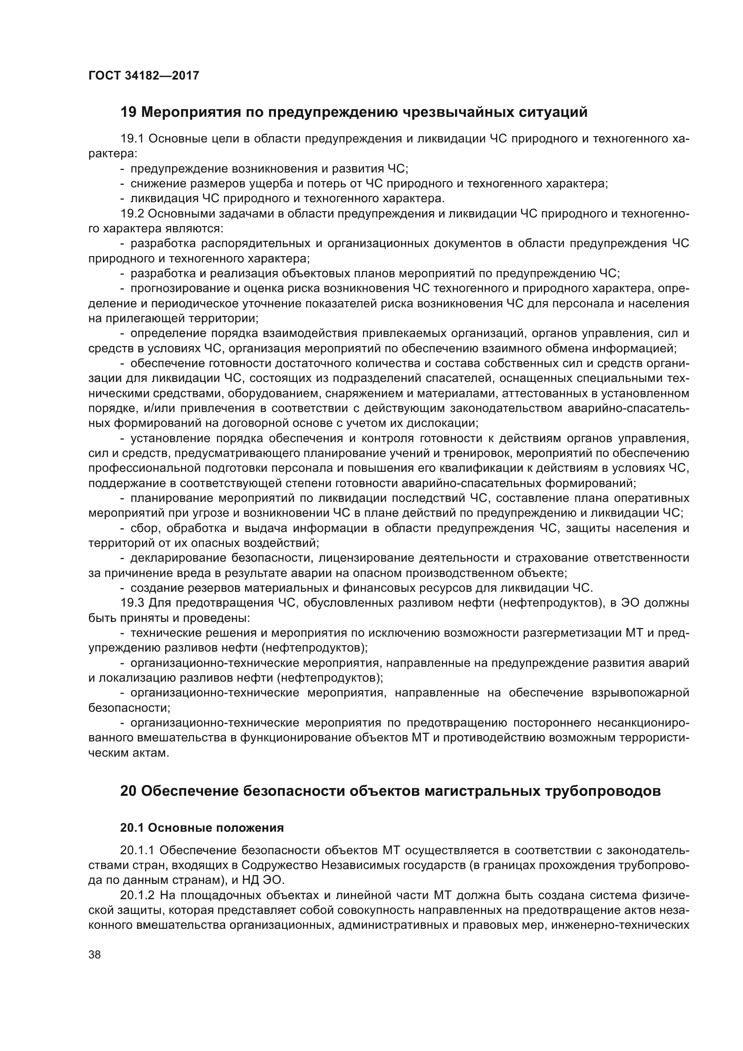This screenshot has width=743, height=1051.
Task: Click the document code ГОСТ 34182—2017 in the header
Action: click(144, 75)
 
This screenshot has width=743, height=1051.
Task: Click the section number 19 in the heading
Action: click(128, 112)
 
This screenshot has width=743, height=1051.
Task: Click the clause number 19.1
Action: click(132, 139)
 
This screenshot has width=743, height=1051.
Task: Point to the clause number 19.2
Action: click(132, 214)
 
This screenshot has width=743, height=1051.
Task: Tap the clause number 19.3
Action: click(132, 603)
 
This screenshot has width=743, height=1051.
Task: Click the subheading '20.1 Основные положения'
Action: click(202, 828)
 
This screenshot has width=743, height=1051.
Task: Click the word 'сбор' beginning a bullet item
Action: click(145, 528)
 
